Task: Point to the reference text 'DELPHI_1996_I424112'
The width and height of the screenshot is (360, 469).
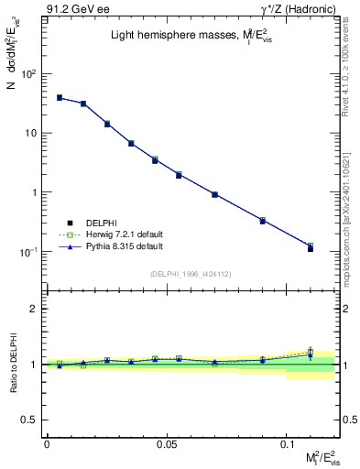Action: pyautogui.click(x=191, y=273)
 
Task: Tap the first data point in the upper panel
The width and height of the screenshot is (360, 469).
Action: pyautogui.click(x=59, y=97)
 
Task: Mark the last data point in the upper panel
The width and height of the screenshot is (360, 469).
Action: pyautogui.click(x=310, y=247)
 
